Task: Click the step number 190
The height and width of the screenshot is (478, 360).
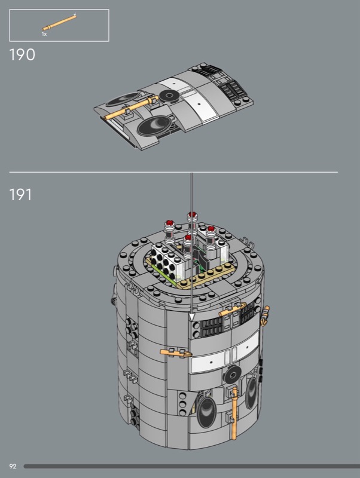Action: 22,55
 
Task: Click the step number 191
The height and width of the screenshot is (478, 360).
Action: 20,195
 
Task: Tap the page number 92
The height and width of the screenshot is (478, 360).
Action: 13,466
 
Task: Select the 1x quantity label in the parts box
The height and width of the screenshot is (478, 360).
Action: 44,34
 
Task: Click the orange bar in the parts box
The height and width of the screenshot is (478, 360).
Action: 59,22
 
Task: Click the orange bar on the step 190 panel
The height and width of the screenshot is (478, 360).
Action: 131,108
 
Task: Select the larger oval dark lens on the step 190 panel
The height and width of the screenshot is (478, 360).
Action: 154,125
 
